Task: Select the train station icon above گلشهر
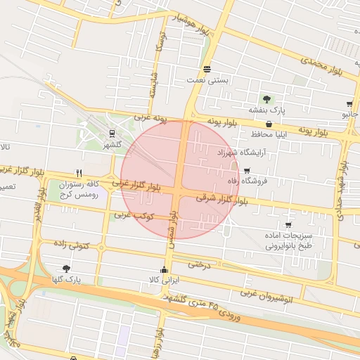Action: click(x=112, y=133)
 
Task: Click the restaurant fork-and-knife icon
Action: click(x=79, y=173)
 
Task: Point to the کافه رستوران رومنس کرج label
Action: click(x=77, y=188)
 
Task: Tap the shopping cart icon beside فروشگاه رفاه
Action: click(x=247, y=171)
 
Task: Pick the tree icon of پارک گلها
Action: click(x=67, y=269)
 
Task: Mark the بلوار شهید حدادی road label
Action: click(x=344, y=190)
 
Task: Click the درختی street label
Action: click(x=199, y=265)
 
